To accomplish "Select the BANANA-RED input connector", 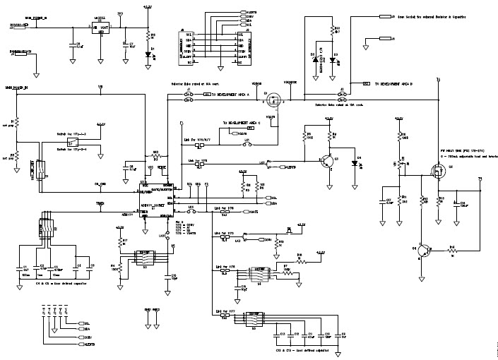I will [18, 25].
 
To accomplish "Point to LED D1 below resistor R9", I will [148, 52].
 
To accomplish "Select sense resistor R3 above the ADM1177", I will [157, 157].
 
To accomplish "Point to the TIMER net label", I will [101, 203].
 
